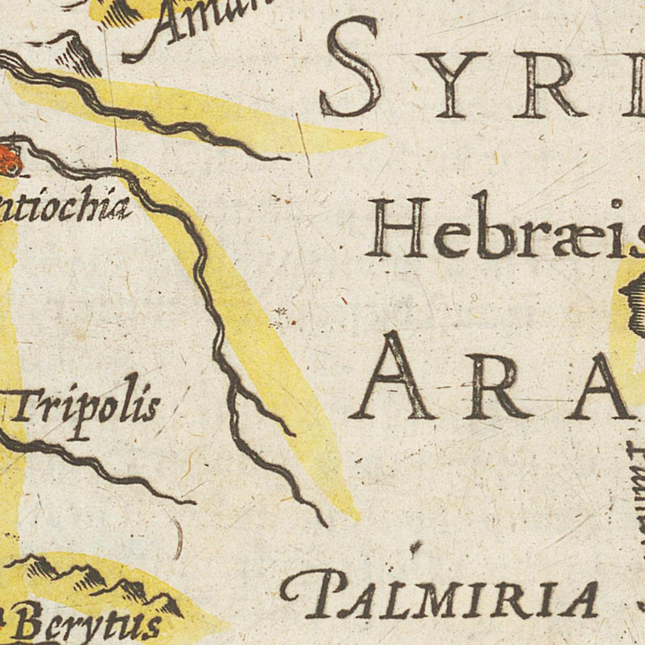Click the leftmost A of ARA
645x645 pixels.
click(x=393, y=379)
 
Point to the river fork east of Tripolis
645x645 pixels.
click(x=232, y=384)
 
